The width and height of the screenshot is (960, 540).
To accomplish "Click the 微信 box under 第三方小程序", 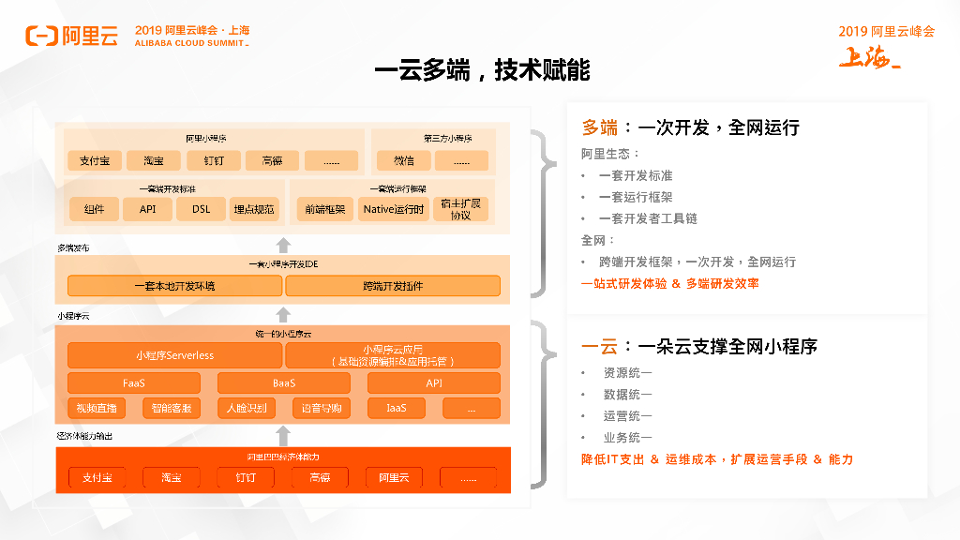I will click(404, 160).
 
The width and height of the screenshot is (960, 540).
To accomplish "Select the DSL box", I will click(202, 209).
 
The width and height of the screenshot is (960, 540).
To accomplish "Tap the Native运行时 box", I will click(393, 209).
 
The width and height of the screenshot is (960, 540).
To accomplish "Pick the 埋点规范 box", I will click(255, 209).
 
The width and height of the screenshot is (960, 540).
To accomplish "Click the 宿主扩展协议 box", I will click(460, 209).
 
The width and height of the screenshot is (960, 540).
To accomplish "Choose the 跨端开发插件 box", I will click(393, 286).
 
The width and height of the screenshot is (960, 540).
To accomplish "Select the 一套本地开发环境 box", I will click(174, 286).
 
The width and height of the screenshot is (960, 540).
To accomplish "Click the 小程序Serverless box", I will click(174, 355).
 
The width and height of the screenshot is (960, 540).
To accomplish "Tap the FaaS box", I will click(134, 382).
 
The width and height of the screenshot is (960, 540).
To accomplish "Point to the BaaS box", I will click(284, 382).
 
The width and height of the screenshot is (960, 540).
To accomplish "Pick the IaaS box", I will click(396, 408).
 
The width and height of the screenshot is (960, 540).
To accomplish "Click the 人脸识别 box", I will click(247, 408).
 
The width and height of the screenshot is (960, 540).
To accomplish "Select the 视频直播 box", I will click(97, 408).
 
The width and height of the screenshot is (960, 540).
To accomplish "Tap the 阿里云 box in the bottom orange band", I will click(394, 478).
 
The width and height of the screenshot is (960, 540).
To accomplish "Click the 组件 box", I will click(95, 209).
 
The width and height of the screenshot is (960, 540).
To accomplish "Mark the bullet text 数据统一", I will click(627, 394).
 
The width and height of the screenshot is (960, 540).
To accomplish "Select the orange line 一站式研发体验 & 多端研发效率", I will click(670, 283).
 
